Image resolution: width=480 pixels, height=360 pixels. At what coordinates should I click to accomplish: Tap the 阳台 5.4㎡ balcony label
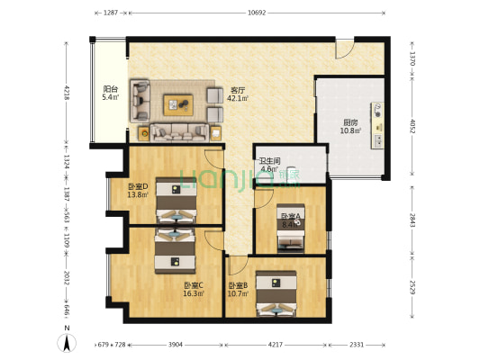pyautogui.click(x=111, y=93)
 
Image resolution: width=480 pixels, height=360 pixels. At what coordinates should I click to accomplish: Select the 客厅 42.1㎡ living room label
pyautogui.click(x=238, y=94)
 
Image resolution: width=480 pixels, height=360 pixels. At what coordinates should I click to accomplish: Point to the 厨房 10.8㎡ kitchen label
pyautogui.click(x=351, y=126)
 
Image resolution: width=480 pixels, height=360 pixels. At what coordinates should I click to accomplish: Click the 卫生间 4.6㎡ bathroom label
pyautogui.click(x=270, y=165)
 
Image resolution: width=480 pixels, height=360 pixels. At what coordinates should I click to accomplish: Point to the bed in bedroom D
pyautogui.click(x=173, y=200)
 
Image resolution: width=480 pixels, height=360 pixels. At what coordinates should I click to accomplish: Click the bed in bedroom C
pyautogui.click(x=173, y=251)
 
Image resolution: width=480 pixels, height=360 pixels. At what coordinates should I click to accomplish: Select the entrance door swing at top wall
pyautogui.click(x=346, y=49)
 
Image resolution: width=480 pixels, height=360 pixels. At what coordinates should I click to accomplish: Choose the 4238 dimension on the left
pyautogui.click(x=67, y=92)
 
